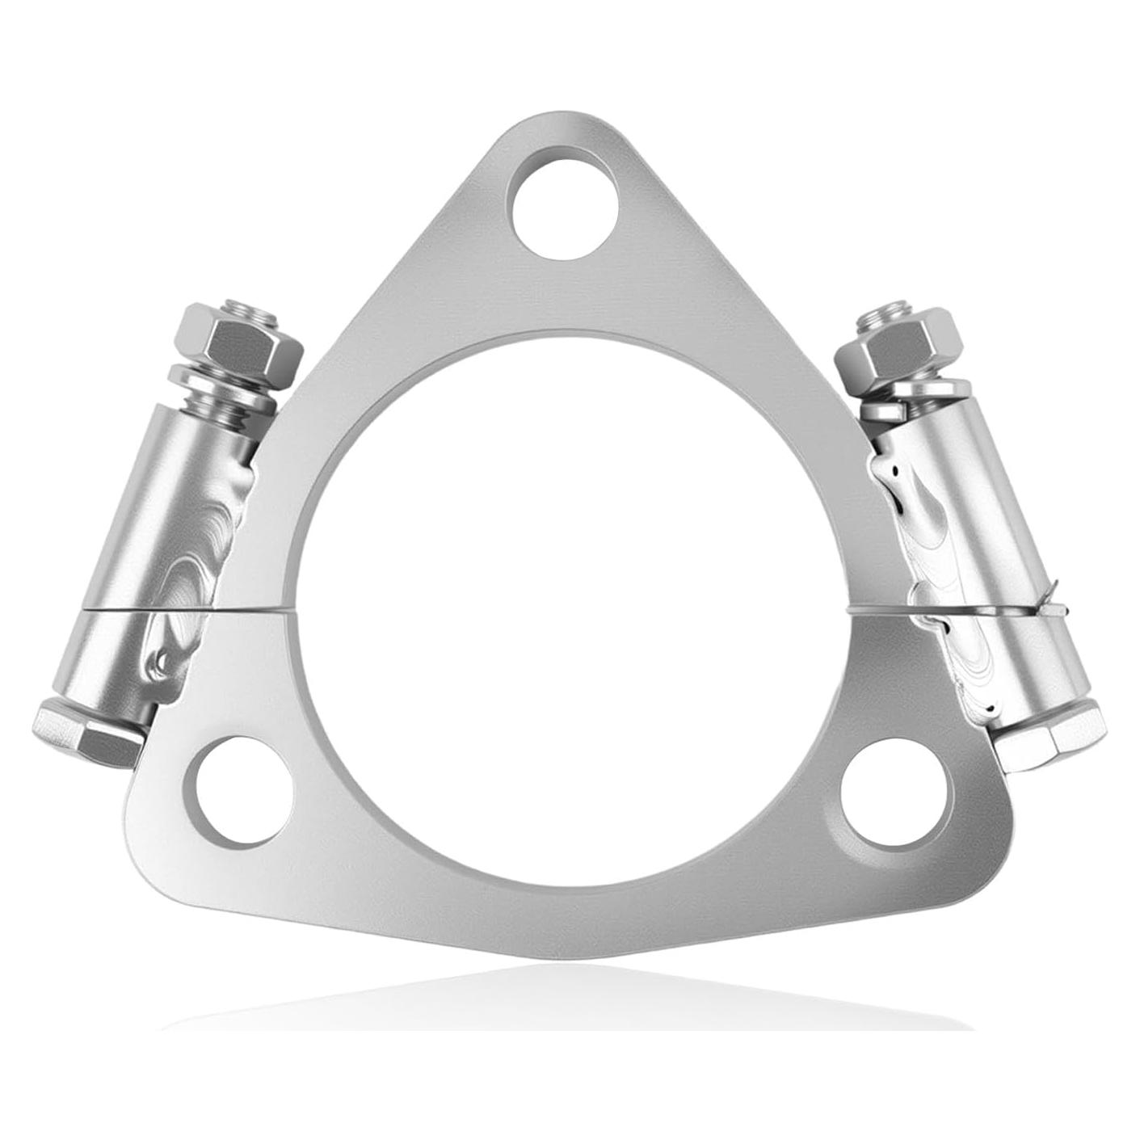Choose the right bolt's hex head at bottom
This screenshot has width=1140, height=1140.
pos(1049,734)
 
